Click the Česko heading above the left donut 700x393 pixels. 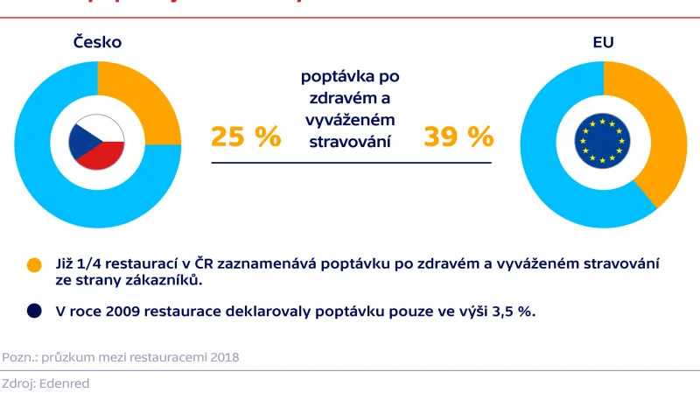(97, 41)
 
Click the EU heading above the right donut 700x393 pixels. (603, 41)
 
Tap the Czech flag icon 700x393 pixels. (98, 143)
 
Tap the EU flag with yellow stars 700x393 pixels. (603, 143)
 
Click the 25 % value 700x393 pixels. (246, 137)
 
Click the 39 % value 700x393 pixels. (458, 137)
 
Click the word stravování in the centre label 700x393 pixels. (350, 139)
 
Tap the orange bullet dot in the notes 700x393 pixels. (34, 264)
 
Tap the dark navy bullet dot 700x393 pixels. (34, 310)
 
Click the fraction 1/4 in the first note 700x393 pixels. (87, 263)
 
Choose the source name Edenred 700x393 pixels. (63, 382)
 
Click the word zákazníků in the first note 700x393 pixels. (165, 280)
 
